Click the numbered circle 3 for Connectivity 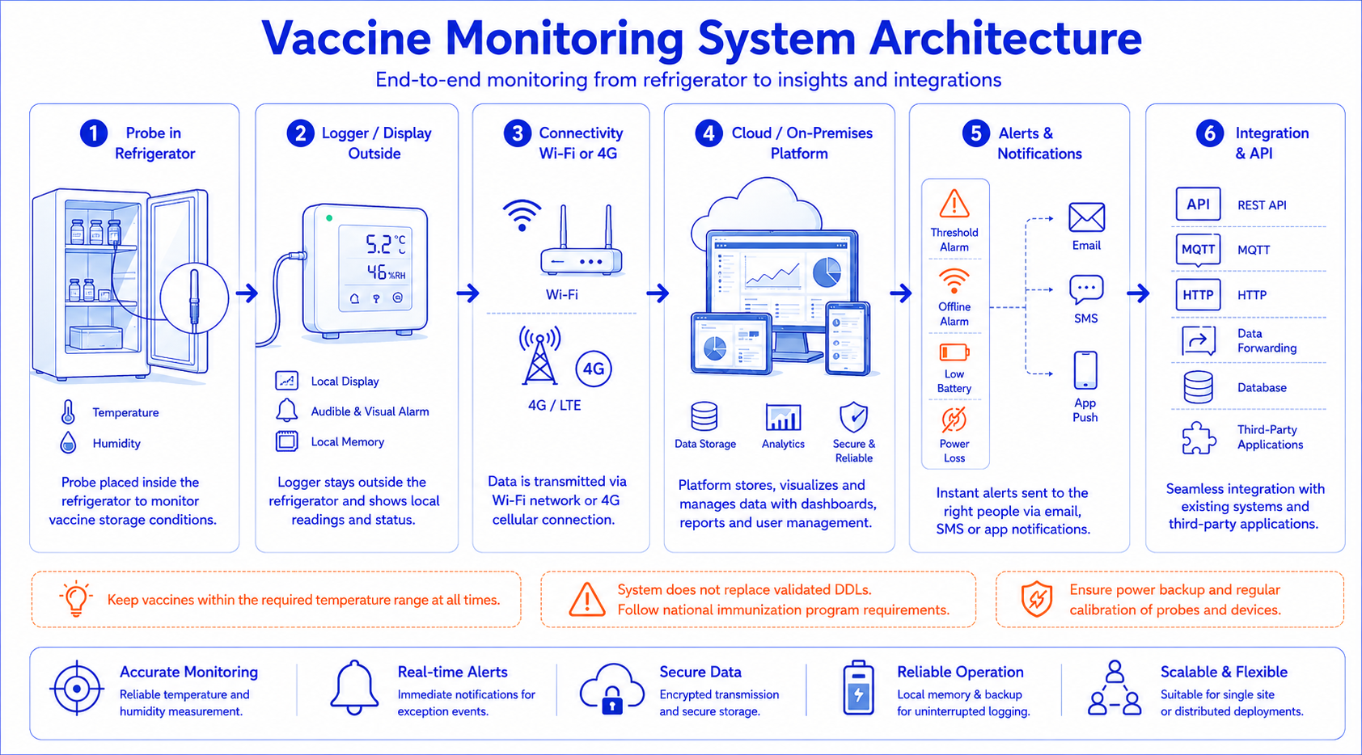(x=518, y=133)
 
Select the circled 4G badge (x=594, y=369)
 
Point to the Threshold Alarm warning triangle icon (x=954, y=204)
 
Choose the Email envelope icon (x=1086, y=217)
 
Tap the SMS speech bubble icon (x=1086, y=290)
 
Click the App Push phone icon (x=1085, y=369)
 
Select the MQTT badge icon (x=1198, y=251)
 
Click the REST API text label (x=1262, y=205)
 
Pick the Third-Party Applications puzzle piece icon (x=1199, y=437)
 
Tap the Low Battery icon (x=954, y=352)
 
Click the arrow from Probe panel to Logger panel (x=247, y=293)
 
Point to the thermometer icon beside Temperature (x=68, y=411)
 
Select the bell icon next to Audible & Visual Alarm (x=286, y=411)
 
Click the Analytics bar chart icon (x=783, y=417)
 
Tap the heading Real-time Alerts (x=452, y=672)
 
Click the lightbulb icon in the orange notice (x=76, y=599)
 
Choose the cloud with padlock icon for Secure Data (x=611, y=689)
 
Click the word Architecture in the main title (x=1005, y=38)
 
